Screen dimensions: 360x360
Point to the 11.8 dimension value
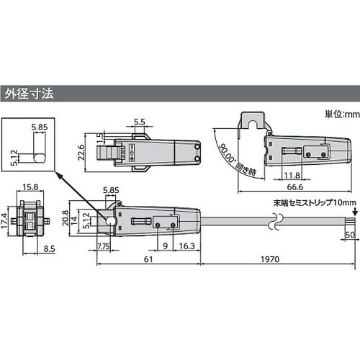291,174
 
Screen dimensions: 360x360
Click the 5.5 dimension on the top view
140,122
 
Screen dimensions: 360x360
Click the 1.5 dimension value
100,136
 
